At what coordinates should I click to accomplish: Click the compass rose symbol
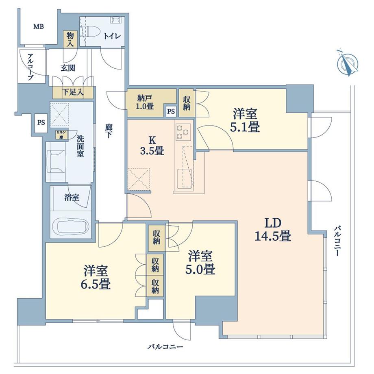(x=348, y=63)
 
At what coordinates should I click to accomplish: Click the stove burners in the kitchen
(x=183, y=131)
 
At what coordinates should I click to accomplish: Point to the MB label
(x=39, y=27)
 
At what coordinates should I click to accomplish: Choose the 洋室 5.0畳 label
(x=201, y=263)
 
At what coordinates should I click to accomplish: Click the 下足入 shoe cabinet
(x=73, y=92)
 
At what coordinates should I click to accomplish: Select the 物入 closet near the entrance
(x=70, y=39)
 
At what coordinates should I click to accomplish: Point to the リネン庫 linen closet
(x=62, y=135)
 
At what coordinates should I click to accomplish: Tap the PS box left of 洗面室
(x=41, y=122)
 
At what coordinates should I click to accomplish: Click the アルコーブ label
(x=30, y=67)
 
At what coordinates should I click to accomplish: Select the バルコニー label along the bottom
(x=165, y=347)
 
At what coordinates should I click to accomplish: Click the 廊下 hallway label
(x=109, y=132)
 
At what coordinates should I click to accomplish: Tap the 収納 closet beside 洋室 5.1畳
(x=187, y=103)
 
